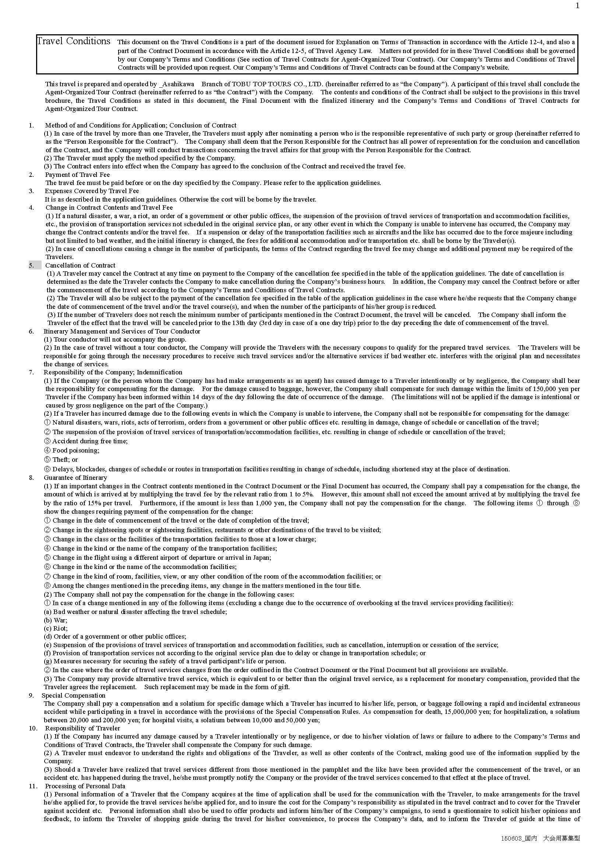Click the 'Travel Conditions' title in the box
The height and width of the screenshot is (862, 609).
74,41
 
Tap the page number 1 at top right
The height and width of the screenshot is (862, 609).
577,6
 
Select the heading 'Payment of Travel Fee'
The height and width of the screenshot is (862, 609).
77,175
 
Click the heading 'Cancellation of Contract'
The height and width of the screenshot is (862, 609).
80,265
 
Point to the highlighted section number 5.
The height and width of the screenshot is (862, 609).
32,265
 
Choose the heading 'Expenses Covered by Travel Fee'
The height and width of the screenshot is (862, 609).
92,191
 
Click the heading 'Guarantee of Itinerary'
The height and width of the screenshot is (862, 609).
75,478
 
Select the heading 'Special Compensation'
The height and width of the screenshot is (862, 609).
74,695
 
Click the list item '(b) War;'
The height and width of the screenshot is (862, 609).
56,620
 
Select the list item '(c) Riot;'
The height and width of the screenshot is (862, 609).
56,628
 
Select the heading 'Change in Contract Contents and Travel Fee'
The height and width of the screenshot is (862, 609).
109,207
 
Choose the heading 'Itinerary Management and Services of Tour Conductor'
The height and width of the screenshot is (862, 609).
122,332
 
